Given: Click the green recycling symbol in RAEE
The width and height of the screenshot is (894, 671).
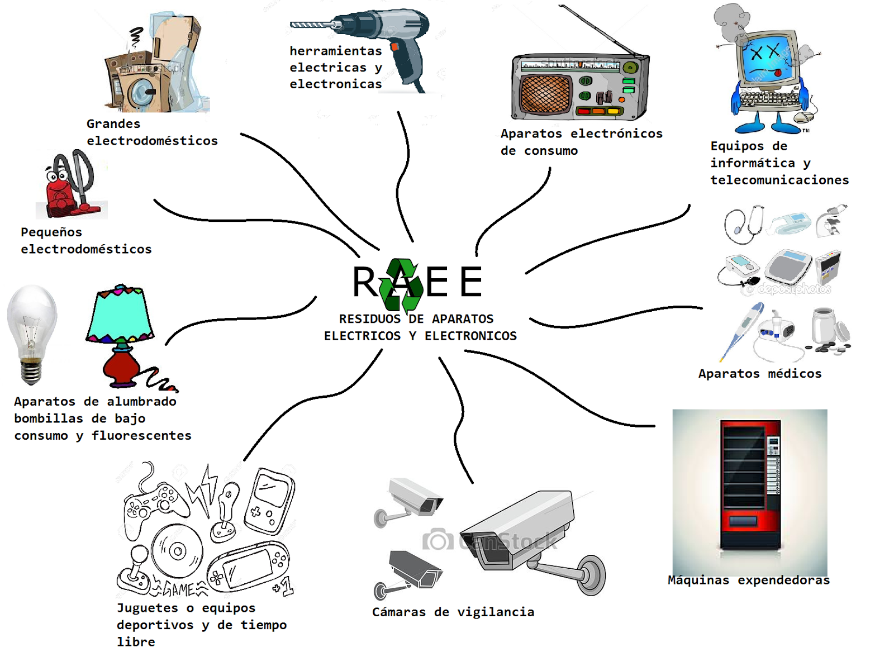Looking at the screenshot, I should pos(401,285).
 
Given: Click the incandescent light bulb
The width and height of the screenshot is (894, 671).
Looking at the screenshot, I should pos(32,330).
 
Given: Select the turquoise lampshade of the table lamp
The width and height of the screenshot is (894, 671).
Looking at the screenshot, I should pos(120,316).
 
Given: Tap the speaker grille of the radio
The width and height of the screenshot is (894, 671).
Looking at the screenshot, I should pos(545,93).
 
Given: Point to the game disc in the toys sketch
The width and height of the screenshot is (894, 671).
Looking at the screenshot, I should pos(178,551).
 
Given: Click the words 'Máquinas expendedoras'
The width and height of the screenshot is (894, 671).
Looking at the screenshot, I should pos(749,580).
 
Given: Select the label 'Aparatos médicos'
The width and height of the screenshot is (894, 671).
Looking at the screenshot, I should pos(760,373).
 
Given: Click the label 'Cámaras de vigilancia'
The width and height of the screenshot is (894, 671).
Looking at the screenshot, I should pos(453,612).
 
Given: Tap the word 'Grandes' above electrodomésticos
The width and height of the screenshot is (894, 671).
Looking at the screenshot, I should pos(113,123).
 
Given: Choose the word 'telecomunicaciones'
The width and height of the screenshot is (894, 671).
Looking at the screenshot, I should pos(779,180).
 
